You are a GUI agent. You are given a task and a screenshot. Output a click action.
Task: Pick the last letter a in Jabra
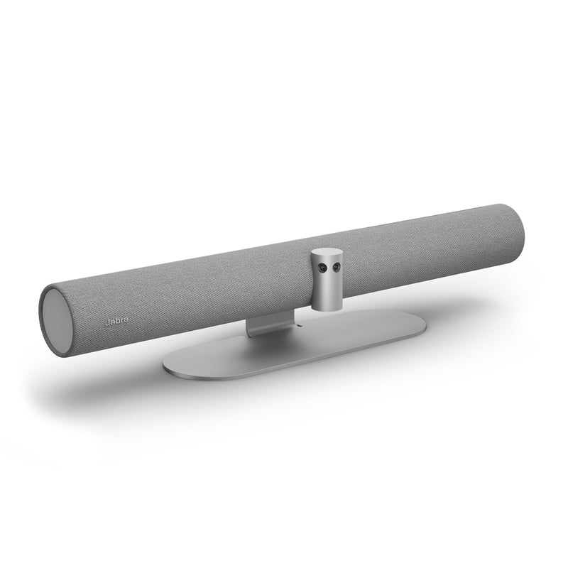click(x=124, y=320)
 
